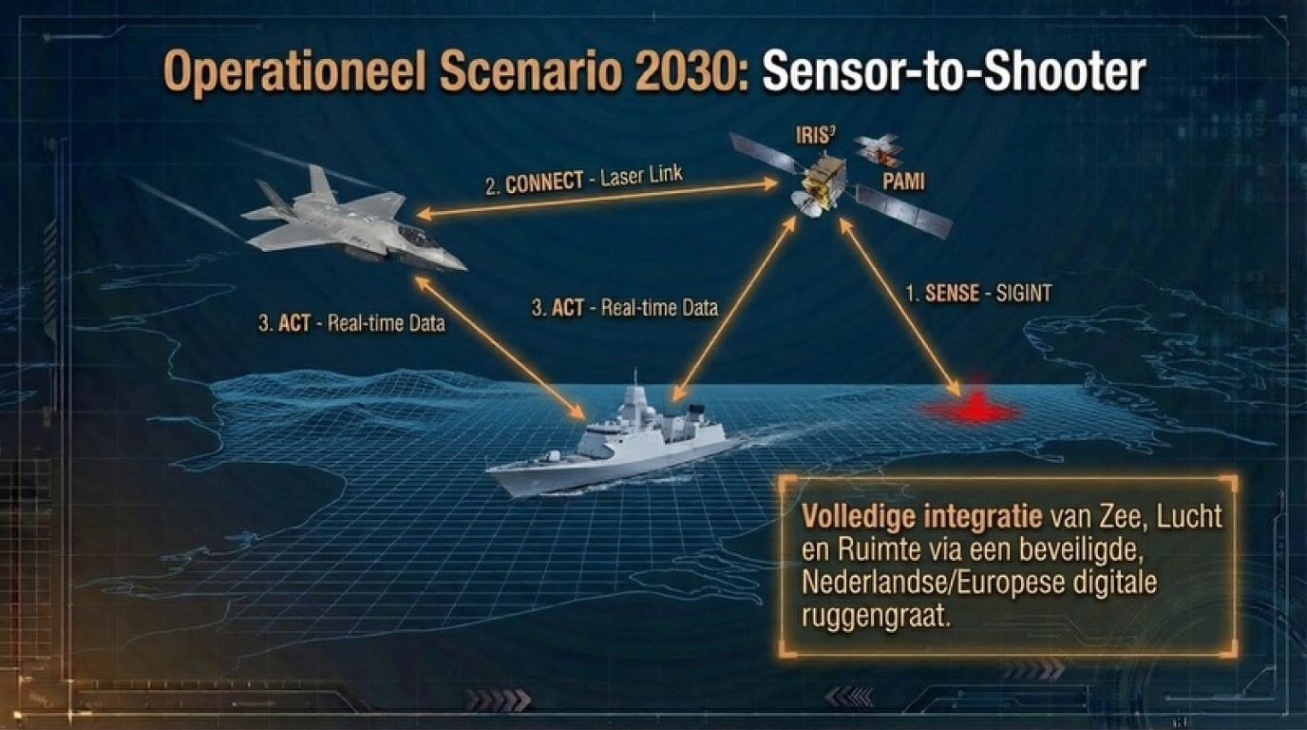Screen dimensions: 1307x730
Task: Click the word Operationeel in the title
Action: [295, 73]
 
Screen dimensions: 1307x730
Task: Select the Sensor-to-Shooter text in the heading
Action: [954, 71]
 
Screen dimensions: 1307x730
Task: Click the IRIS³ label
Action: [816, 135]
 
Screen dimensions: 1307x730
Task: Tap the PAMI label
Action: [903, 182]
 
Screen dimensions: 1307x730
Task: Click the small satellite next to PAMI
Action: [878, 150]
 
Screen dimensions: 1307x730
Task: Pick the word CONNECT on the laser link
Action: [544, 182]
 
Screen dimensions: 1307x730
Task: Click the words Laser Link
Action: [641, 174]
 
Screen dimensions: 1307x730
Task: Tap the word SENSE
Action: [952, 293]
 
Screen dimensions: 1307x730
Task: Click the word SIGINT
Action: [1023, 293]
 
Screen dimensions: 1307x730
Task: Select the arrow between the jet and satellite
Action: [597, 200]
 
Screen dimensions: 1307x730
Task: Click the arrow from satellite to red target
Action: [900, 306]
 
